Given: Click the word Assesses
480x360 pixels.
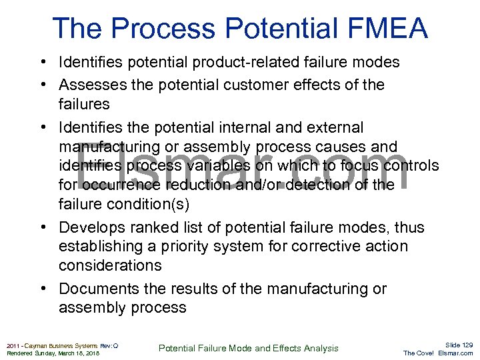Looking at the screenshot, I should click(87, 85).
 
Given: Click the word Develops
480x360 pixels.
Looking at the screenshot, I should click(87, 227).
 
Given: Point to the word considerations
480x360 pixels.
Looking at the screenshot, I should click(110, 265).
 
